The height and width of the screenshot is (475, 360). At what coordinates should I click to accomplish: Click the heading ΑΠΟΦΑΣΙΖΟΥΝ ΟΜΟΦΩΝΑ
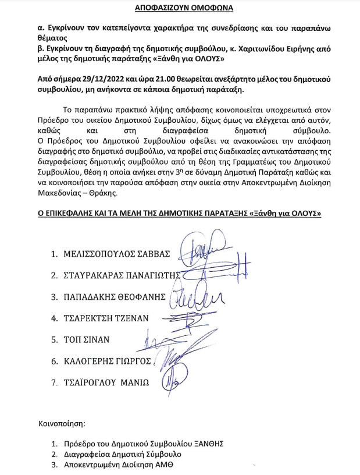(x=180, y=9)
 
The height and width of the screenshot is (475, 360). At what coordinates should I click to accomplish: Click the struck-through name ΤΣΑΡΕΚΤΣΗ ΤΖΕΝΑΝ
(x=108, y=318)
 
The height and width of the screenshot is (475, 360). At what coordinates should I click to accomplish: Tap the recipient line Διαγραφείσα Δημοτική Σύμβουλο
(x=124, y=454)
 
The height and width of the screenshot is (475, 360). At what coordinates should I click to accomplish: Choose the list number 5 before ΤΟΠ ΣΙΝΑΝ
(x=54, y=339)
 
